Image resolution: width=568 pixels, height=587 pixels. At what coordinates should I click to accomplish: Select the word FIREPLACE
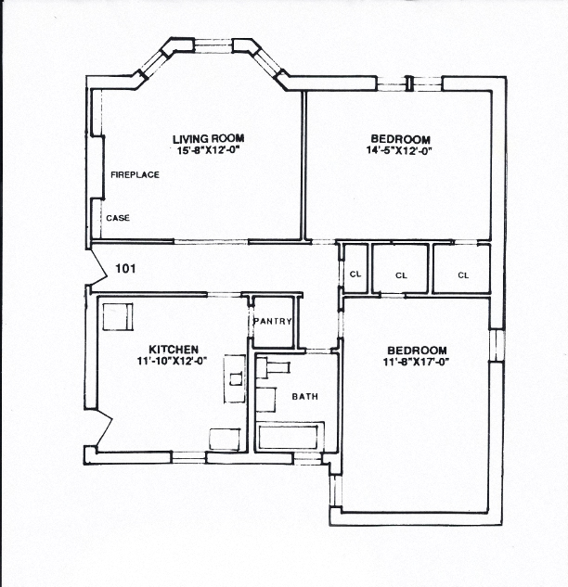point(136,174)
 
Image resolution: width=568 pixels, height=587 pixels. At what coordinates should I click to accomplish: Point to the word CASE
point(118,219)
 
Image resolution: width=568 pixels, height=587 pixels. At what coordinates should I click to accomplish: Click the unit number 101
point(126,269)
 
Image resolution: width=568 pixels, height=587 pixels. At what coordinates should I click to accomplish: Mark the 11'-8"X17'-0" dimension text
point(417,362)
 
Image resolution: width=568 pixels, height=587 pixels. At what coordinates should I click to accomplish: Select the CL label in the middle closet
point(401,274)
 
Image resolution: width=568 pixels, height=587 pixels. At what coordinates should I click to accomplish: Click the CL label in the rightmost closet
point(463,274)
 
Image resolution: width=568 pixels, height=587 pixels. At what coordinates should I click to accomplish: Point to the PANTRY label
point(273,322)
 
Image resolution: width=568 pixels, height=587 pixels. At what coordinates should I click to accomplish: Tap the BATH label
point(305,397)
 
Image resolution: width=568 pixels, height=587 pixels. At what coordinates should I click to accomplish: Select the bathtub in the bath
point(290,436)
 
